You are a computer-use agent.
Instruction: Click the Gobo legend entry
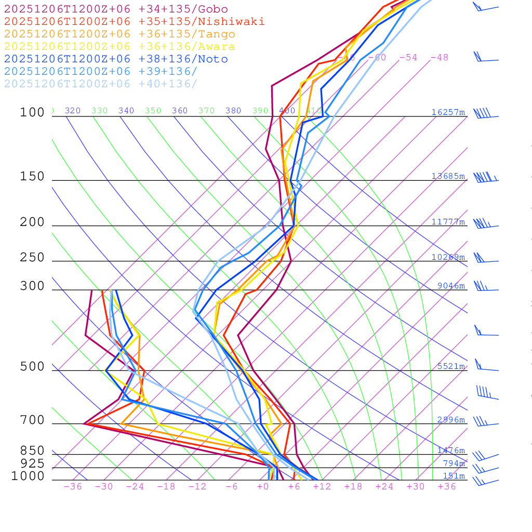tap(116, 9)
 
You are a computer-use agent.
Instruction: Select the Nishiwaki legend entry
tap(134, 21)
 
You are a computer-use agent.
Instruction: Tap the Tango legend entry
tap(119, 34)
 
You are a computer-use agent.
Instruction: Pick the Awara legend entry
tap(119, 47)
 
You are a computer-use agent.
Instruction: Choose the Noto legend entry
tap(116, 59)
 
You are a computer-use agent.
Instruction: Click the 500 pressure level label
tap(32, 367)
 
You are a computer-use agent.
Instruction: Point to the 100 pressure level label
tap(32, 113)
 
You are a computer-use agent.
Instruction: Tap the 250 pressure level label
tap(32, 258)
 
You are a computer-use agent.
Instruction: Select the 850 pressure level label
tap(32, 451)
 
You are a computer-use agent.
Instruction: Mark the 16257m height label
tap(448, 112)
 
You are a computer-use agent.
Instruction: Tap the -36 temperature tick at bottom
tap(73, 487)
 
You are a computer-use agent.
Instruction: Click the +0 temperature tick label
tap(263, 487)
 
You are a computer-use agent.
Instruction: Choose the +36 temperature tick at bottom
tap(447, 487)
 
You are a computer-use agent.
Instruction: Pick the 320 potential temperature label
tap(73, 111)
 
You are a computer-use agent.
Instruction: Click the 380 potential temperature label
tap(233, 111)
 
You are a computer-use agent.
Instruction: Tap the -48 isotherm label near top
tap(439, 58)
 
